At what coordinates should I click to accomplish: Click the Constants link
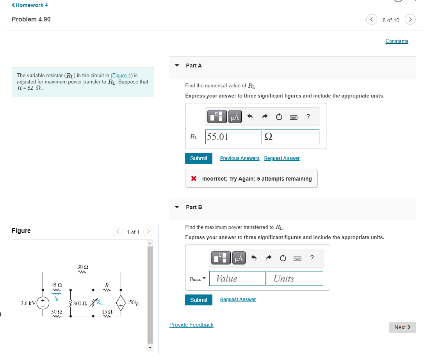397,41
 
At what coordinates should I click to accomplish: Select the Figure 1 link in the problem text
122,75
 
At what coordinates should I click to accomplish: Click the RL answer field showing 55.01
233,137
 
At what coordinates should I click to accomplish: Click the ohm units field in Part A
291,137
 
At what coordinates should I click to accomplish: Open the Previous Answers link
240,158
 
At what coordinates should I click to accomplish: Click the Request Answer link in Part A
281,158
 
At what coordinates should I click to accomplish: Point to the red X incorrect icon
194,179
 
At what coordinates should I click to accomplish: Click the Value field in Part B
237,278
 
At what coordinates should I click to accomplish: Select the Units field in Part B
295,278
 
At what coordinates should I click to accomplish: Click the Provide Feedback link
191,325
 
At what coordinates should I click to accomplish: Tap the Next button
402,327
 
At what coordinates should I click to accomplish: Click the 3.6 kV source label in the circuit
28,303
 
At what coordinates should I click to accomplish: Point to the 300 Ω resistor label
80,303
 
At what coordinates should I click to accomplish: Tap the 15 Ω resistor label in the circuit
107,312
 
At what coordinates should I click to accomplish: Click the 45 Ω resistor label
57,286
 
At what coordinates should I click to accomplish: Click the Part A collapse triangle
177,66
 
